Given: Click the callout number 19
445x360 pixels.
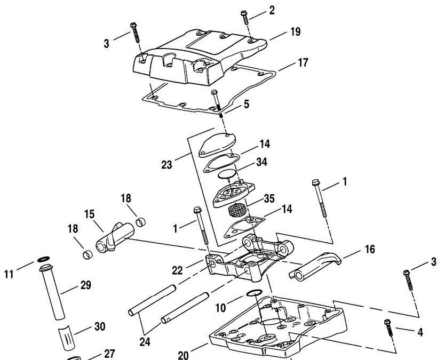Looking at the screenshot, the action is tap(296, 31).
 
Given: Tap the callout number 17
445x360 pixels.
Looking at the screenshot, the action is tap(303, 63).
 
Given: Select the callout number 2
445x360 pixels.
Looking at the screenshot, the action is tap(272, 11).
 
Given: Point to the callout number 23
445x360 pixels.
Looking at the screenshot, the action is tap(166, 165).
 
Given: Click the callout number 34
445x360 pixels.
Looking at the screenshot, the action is tap(261, 162).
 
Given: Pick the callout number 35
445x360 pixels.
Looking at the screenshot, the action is tap(269, 198).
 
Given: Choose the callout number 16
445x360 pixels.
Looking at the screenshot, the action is tap(370, 250).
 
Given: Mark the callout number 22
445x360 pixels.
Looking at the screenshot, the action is tap(177, 270).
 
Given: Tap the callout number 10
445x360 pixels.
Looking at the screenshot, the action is tap(220, 308).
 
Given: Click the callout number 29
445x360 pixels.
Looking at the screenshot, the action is tap(86, 285).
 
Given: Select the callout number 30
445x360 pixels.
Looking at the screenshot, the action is tap(100, 326).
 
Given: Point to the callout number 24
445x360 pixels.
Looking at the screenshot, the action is tap(145, 342).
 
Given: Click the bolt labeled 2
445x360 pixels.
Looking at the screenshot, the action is tap(244, 17).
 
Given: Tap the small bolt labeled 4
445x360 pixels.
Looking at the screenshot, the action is tap(388, 327).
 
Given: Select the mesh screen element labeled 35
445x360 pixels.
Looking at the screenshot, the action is tap(237, 210).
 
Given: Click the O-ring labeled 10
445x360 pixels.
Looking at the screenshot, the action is tap(255, 293).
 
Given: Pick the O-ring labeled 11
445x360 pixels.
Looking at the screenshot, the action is tap(43, 259).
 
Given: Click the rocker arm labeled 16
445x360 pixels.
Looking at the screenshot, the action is tap(315, 265).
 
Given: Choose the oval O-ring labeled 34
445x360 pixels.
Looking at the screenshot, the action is tap(227, 173).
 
